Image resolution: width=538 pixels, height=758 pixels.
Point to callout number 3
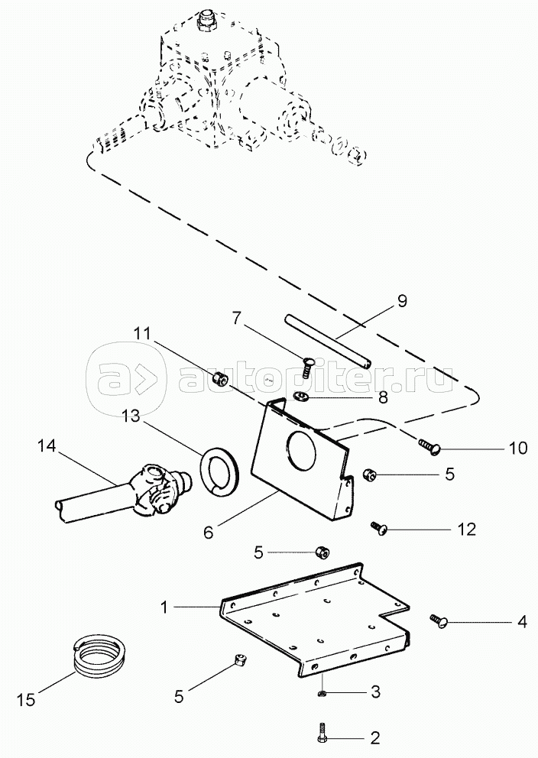[374, 693]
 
